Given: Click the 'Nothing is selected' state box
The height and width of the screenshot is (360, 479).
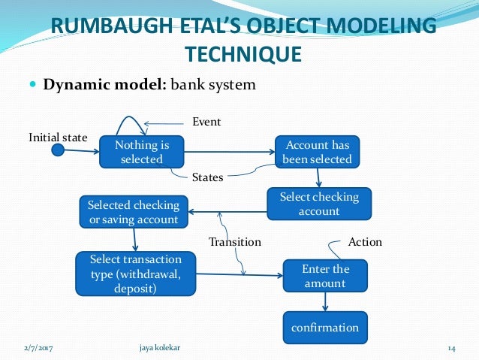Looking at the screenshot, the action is click(141, 152).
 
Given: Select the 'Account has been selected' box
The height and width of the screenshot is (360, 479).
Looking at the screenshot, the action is click(317, 152).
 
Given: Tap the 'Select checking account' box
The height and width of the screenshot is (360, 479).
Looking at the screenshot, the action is click(319, 204).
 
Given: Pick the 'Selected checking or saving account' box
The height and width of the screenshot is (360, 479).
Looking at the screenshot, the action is click(133, 212).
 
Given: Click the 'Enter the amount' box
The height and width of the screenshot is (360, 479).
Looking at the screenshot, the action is click(325, 276).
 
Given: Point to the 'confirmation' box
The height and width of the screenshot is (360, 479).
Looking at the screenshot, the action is click(325, 328).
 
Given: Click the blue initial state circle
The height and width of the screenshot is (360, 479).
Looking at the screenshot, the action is click(58, 151).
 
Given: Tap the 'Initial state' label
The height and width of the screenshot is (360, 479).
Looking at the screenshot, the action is click(58, 137).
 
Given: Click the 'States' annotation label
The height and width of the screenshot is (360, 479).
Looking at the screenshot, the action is click(206, 177).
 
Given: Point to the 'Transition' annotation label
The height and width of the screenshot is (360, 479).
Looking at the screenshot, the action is click(234, 242).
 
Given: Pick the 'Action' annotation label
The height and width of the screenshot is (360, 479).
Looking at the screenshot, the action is click(365, 242).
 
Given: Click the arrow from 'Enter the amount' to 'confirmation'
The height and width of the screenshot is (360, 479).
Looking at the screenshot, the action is click(325, 301).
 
